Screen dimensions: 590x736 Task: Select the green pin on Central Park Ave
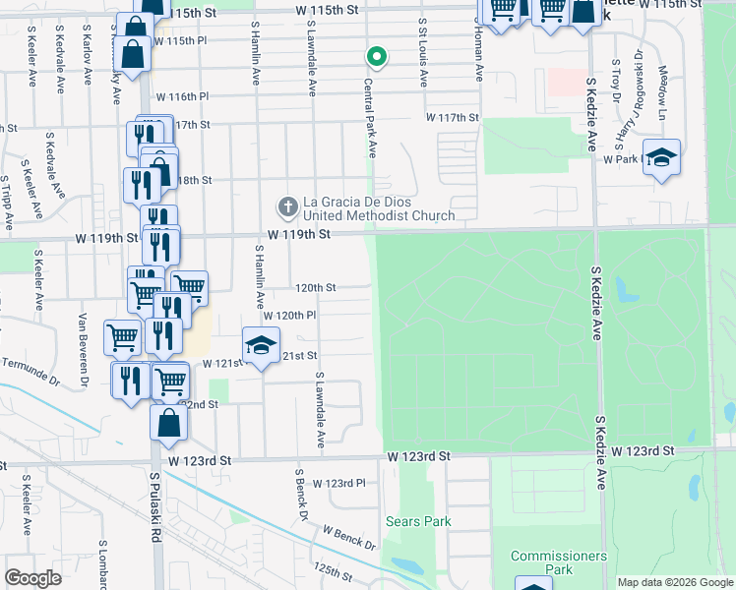[x=374, y=56]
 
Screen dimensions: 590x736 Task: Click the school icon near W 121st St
[x=260, y=347]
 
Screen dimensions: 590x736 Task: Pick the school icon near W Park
[x=662, y=158]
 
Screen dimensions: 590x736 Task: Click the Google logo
[x=32, y=578]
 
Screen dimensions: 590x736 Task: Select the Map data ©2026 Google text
[x=675, y=582]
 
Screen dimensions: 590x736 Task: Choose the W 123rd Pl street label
[x=339, y=483]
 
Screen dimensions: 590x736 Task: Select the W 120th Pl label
[x=289, y=316]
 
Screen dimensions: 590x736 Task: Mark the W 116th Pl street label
[x=182, y=96]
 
